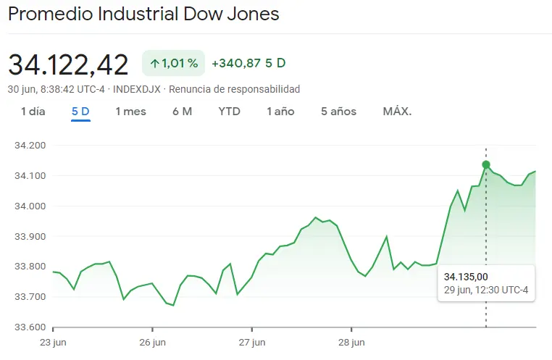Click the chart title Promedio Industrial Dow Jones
click(143, 14)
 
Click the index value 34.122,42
click(68, 64)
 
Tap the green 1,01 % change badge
click(174, 64)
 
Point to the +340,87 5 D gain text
click(248, 64)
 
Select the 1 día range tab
click(33, 112)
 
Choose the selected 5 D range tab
click(80, 112)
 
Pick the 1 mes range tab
click(130, 112)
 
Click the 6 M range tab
click(182, 112)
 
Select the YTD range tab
click(230, 112)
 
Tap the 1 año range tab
click(280, 112)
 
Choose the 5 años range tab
click(339, 112)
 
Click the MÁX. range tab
click(397, 112)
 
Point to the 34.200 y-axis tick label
click(30, 146)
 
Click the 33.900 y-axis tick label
click(30, 236)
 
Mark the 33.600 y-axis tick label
click(30, 327)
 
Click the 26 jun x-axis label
click(153, 342)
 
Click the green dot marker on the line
click(486, 164)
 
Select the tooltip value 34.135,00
click(466, 277)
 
